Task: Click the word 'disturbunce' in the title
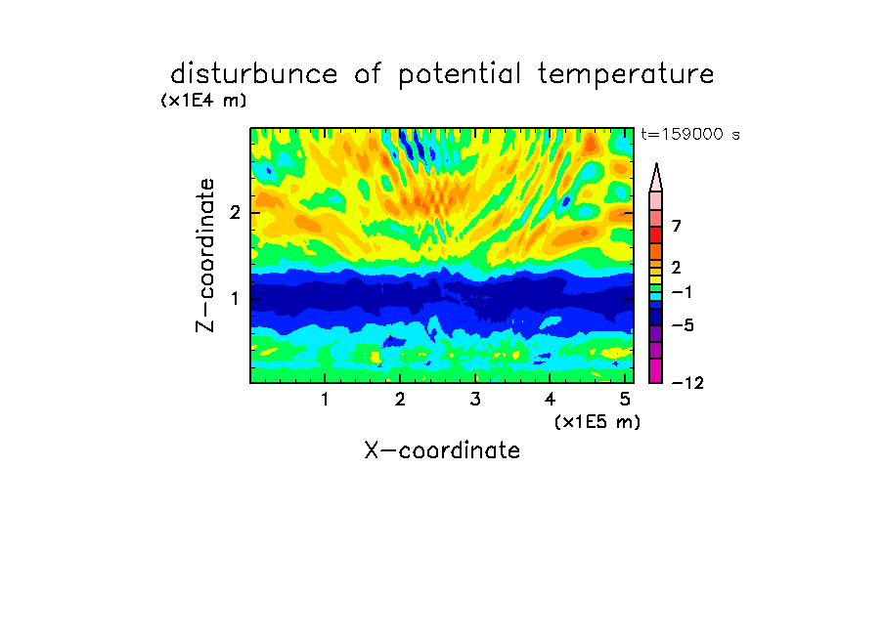point(254,74)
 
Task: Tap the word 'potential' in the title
point(460,75)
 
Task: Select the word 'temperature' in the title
point(626,75)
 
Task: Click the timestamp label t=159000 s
point(690,134)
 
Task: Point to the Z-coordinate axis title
point(205,255)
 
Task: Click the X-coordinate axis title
point(442,450)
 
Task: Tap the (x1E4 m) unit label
point(203,101)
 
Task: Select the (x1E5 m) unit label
point(597,421)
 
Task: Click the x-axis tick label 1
point(325,400)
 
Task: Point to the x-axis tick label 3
point(475,400)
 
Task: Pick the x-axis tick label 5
point(625,400)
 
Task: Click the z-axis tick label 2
point(235,212)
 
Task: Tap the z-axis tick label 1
point(235,298)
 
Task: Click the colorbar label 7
point(677,227)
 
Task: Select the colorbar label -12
point(687,383)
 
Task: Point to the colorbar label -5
point(683,325)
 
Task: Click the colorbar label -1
point(682,292)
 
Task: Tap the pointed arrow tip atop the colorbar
point(656,163)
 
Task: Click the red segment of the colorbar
point(656,234)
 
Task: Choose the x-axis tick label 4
point(550,400)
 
